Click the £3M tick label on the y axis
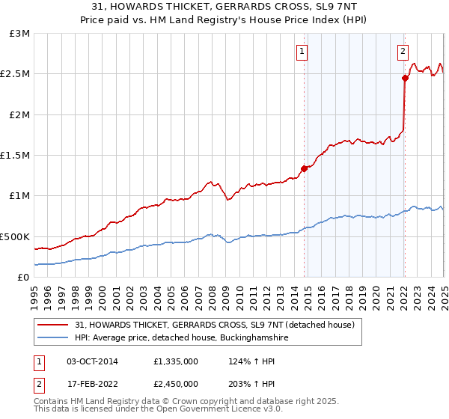[19, 34]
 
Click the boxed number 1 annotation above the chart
[302, 52]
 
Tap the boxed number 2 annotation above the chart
[403, 52]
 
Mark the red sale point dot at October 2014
[305, 168]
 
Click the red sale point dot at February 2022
[405, 78]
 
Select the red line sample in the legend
[54, 325]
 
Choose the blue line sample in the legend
[54, 338]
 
